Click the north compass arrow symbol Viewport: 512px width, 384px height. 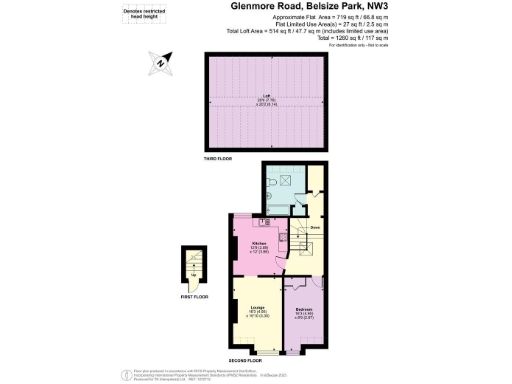point(161,66)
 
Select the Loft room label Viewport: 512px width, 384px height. point(267,97)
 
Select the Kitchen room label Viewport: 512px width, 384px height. point(259,246)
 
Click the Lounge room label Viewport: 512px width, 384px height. point(257,311)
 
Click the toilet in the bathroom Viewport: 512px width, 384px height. point(271,186)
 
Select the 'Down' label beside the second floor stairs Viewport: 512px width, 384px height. point(314,229)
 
